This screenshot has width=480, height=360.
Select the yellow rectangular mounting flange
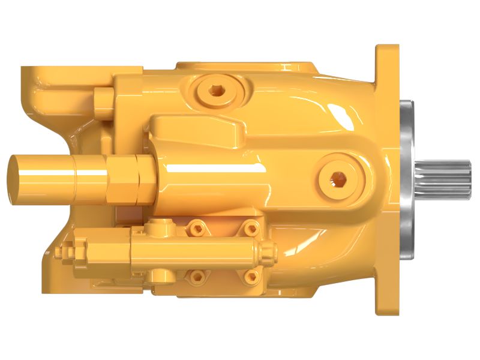387,180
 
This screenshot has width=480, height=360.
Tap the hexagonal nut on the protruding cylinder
127,178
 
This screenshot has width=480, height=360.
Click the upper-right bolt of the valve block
251,228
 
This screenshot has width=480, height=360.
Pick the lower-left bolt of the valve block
196,276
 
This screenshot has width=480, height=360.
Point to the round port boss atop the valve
160,226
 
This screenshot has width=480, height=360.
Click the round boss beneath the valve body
160,276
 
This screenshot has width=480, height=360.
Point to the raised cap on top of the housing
246,67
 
